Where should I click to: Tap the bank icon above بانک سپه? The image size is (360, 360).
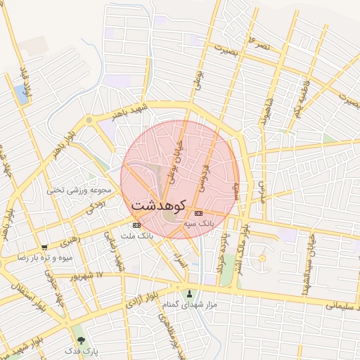pos(198,213)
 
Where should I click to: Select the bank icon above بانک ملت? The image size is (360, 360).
pos(136,225)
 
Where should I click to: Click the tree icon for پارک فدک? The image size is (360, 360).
pos(88,340)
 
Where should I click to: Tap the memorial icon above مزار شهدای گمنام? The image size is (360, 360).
pos(189,293)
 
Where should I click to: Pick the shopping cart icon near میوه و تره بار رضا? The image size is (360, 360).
pos(44,247)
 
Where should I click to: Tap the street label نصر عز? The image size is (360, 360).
pos(257,45)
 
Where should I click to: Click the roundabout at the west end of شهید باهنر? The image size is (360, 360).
pos(89,120)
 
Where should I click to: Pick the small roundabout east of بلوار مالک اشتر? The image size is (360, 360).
pos(262,259)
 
